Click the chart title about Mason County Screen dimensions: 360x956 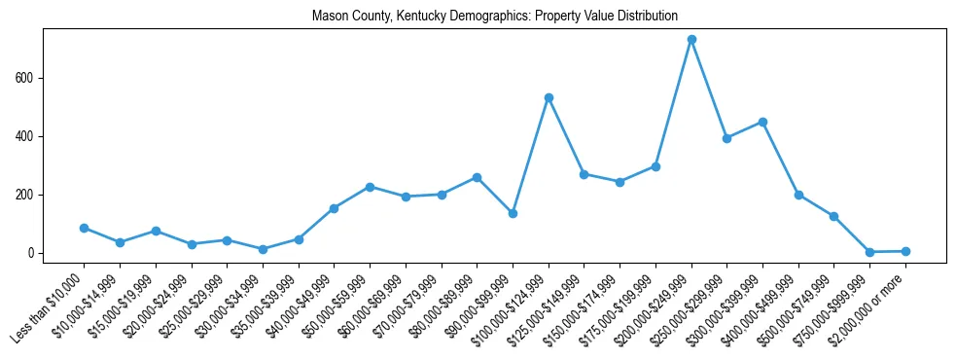pyautogui.click(x=495, y=17)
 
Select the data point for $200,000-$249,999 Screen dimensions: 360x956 pyautogui.click(x=691, y=40)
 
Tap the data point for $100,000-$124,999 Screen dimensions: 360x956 pyautogui.click(x=549, y=97)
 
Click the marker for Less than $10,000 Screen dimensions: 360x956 pyautogui.click(x=84, y=228)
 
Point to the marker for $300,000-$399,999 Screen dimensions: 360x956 pyautogui.click(x=762, y=122)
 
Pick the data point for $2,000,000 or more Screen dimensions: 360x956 pyautogui.click(x=905, y=251)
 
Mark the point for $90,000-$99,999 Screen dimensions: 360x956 pyautogui.click(x=513, y=213)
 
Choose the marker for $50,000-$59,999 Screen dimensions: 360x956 pyautogui.click(x=370, y=187)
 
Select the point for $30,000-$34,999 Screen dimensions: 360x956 pyautogui.click(x=263, y=249)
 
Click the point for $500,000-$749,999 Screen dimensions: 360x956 pyautogui.click(x=833, y=216)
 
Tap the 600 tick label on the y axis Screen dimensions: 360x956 pyautogui.click(x=26, y=78)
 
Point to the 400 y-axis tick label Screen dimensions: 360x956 pyautogui.click(x=26, y=136)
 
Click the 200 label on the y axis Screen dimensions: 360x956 pyautogui.click(x=26, y=195)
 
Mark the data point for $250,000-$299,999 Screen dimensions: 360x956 pyautogui.click(x=726, y=138)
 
